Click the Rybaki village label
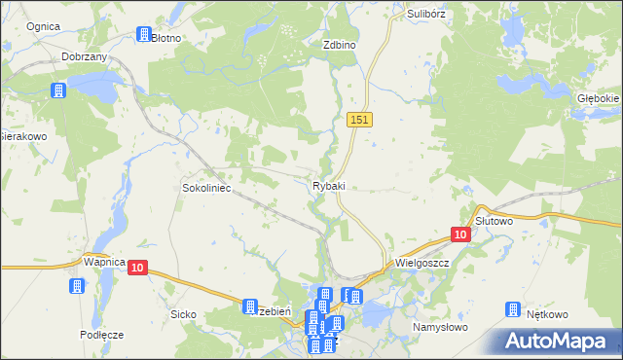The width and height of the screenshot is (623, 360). tap(328, 186)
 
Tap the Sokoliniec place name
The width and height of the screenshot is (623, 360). tap(206, 187)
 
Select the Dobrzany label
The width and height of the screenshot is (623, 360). tap(84, 57)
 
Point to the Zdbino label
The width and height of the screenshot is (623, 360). tap(340, 45)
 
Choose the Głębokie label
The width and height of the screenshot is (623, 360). tap(598, 99)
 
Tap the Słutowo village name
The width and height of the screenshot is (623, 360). tap(494, 221)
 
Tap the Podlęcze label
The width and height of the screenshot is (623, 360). tap(102, 334)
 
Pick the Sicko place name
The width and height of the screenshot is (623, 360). tap(183, 314)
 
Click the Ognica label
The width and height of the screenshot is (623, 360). tap(43, 25)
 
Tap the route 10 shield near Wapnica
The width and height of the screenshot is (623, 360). tap(136, 268)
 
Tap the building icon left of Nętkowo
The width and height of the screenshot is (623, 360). tap(513, 310)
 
